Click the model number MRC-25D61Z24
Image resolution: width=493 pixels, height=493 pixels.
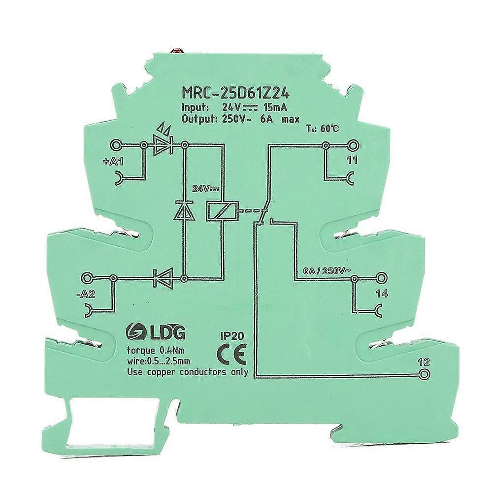pyautogui.click(x=236, y=94)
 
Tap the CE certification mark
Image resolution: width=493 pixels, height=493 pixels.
pyautogui.click(x=231, y=353)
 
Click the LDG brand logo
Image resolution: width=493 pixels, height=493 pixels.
pyautogui.click(x=155, y=333)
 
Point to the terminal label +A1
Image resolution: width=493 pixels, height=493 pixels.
pyautogui.click(x=113, y=162)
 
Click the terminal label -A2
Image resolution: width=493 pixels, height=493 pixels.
pyautogui.click(x=85, y=295)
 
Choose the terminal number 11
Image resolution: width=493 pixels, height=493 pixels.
pyautogui.click(x=353, y=161)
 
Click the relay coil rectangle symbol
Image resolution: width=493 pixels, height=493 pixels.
pyautogui.click(x=222, y=210)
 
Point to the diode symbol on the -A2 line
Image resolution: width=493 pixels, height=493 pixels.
pyautogui.click(x=162, y=278)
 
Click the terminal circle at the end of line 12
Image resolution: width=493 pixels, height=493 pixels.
pyautogui.click(x=425, y=374)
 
